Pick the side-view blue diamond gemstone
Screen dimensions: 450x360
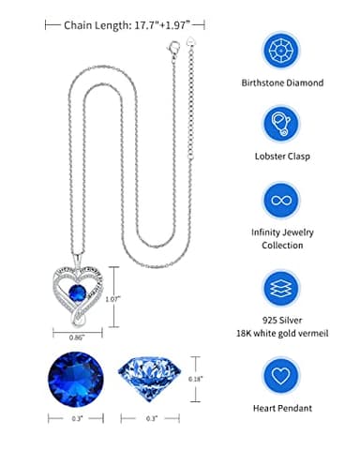[x=154, y=377]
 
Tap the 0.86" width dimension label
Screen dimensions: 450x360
[x=79, y=336]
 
